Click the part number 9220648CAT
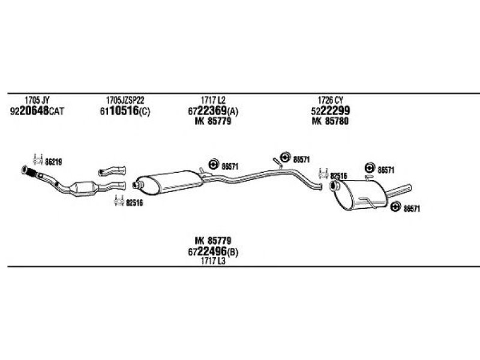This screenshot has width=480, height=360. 37,111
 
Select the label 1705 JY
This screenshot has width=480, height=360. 37,100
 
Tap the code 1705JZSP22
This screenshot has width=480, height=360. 125,100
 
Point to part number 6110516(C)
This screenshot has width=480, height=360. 125,111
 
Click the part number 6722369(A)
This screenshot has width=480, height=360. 213,111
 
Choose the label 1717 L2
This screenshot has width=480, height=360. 213,100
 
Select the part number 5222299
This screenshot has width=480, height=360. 331,111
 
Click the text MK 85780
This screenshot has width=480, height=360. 331,121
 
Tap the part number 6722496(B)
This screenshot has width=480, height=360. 213,251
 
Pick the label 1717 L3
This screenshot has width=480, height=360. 213,261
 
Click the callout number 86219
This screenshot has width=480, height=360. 53,162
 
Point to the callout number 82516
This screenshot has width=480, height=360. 134,203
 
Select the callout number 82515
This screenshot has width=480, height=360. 338,176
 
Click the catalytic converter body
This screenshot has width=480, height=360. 83,188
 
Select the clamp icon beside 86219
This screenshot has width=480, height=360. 38,160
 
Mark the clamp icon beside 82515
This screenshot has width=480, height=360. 323,174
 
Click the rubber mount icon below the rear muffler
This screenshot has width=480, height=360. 396,207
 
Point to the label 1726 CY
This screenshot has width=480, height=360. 331,100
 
